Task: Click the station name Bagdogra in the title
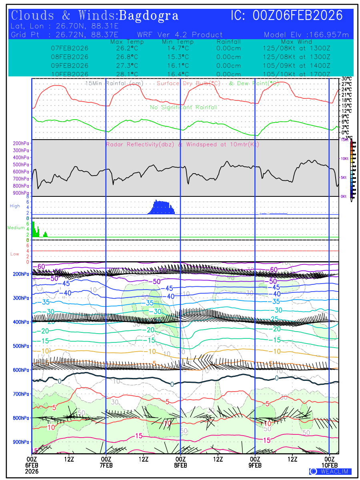point(149,16)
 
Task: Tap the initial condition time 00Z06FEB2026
point(298,16)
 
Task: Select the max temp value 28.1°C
point(124,74)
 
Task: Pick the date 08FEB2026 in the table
point(70,57)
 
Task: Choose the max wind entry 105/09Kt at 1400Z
point(294,66)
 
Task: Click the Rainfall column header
point(228,42)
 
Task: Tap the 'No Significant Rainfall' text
point(184,107)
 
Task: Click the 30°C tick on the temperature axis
point(346,79)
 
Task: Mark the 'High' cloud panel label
point(15,206)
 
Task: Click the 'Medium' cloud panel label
point(16,228)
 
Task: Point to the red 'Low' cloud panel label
point(15,254)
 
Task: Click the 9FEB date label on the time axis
point(255,465)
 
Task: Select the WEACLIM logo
point(330,471)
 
